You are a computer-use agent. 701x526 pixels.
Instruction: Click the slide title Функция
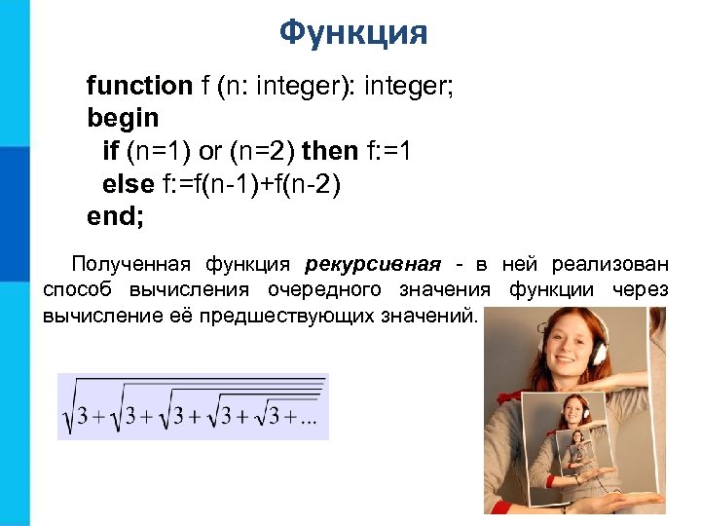[352, 32]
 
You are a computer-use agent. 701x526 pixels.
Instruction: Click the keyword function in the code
[139, 86]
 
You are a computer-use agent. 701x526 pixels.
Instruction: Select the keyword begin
[123, 118]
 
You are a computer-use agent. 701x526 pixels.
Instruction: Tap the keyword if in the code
[110, 151]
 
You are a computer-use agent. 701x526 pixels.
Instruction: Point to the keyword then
[330, 151]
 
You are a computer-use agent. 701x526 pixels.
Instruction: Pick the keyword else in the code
[128, 183]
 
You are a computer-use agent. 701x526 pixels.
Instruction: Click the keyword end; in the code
[115, 216]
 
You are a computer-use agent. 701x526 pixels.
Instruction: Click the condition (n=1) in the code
[157, 151]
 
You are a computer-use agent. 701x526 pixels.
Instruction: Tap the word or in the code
[210, 151]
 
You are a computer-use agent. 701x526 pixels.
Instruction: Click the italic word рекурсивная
[372, 264]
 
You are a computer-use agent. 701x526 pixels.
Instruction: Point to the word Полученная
[132, 264]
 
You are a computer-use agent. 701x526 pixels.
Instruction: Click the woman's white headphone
[596, 353]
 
